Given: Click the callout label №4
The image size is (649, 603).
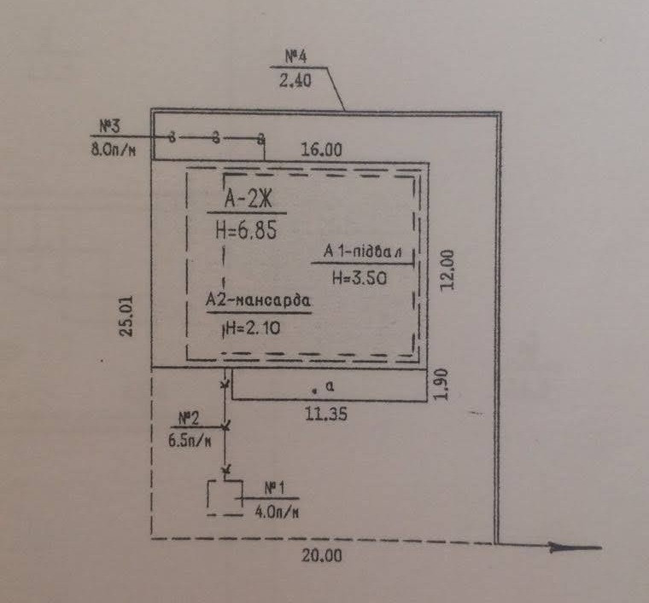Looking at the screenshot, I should tap(295, 57).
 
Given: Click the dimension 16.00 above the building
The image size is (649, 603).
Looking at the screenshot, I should tap(321, 149).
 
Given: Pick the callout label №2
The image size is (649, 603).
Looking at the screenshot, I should tap(190, 418).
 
